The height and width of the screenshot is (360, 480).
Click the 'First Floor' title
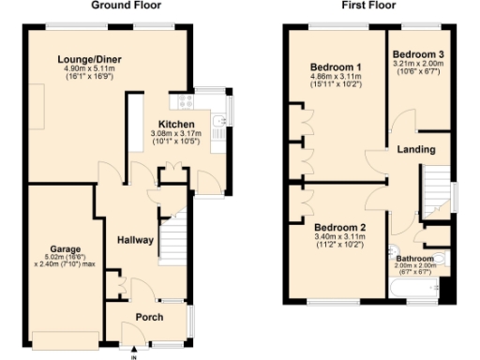tap(368, 6)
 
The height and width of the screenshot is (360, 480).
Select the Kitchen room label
tap(176, 125)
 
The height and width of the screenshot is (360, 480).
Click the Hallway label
tap(135, 241)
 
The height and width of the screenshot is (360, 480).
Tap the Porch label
tap(150, 316)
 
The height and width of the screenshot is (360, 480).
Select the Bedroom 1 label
tap(336, 67)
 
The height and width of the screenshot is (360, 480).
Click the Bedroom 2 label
tap(339, 228)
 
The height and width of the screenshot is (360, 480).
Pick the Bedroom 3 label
tap(418, 53)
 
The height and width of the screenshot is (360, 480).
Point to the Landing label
tap(415, 149)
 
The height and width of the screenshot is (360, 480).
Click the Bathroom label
tap(415, 258)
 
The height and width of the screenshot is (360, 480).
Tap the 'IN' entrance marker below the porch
tap(133, 354)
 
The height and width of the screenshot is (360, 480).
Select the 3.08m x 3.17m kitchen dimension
tap(176, 134)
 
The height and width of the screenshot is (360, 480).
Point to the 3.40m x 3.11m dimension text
tap(339, 238)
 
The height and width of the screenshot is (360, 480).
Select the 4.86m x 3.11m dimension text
tap(336, 78)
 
